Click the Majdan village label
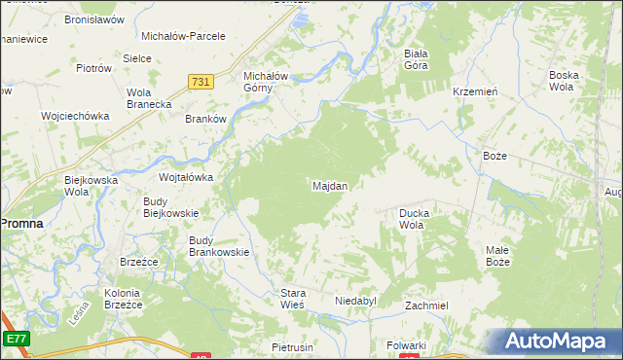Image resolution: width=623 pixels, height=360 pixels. click(x=330, y=185)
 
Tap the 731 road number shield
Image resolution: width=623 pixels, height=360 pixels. click(x=202, y=85)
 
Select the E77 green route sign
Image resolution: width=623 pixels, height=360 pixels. click(x=15, y=338)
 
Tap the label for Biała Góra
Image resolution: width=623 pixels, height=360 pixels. click(x=416, y=60)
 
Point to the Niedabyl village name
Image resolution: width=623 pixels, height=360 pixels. click(x=355, y=302)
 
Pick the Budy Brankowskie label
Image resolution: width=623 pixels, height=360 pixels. click(x=219, y=246)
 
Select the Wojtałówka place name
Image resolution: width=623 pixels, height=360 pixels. click(x=186, y=177)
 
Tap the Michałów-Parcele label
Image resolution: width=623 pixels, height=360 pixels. click(x=183, y=36)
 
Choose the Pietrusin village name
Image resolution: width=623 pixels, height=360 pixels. click(x=291, y=346)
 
